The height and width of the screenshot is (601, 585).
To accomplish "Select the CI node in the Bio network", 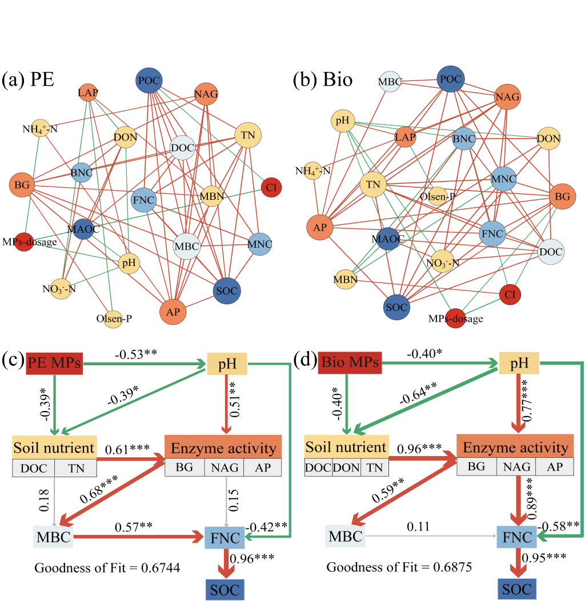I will coord(510,295).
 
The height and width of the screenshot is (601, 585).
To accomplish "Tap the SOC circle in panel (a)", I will coord(227,291).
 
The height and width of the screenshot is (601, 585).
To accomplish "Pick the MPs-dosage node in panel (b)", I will coord(455,318).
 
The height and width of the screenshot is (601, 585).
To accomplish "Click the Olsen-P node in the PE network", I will coord(114,318).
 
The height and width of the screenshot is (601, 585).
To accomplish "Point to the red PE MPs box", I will coord(55,364).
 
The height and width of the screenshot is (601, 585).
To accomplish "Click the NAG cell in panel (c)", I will coord(224,467).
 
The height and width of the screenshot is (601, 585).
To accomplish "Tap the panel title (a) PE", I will coord(29,79).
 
